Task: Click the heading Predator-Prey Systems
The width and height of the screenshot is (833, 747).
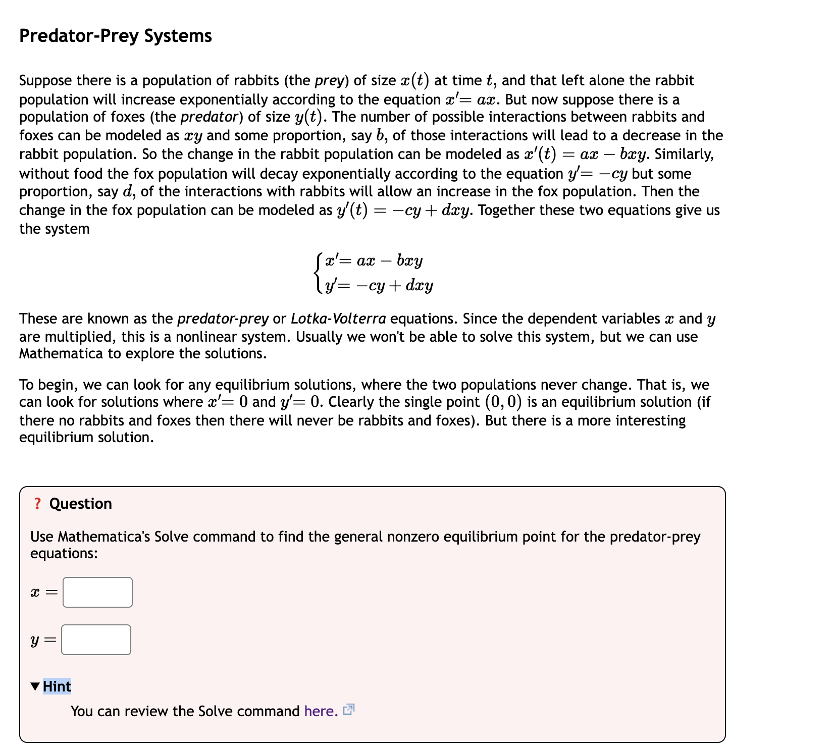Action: [x=115, y=36]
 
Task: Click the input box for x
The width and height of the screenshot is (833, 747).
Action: [x=97, y=592]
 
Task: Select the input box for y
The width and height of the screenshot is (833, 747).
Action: [x=96, y=639]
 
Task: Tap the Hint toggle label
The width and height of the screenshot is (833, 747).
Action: [x=57, y=686]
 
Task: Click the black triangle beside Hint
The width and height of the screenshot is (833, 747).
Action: [x=35, y=686]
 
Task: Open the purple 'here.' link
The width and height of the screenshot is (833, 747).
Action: [x=321, y=711]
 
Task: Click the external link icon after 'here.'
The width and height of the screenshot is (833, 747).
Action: [x=348, y=710]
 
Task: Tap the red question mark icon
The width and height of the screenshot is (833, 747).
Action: [x=37, y=504]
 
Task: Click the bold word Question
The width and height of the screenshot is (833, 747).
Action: [x=81, y=504]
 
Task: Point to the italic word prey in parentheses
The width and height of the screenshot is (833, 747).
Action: [x=329, y=81]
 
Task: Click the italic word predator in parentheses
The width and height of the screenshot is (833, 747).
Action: [x=209, y=117]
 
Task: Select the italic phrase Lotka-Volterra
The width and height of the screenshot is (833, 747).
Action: [x=338, y=319]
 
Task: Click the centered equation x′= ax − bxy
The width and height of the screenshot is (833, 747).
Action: [x=374, y=261]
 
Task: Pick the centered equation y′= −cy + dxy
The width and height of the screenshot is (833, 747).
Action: [x=379, y=286]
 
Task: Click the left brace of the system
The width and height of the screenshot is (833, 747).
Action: [x=317, y=273]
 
